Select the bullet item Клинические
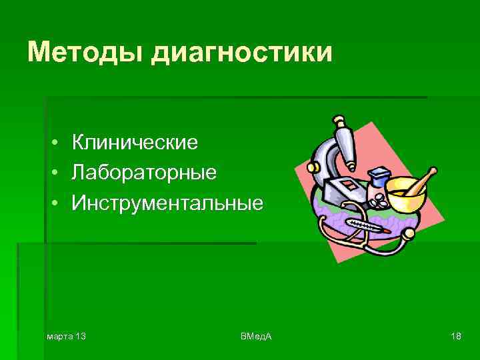135,142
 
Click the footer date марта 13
66,335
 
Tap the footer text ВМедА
255,335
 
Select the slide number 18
456,335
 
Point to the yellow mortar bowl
404,193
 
